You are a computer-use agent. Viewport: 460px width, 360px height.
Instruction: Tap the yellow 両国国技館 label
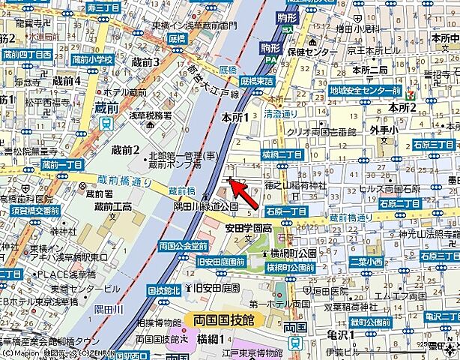(x=224, y=319)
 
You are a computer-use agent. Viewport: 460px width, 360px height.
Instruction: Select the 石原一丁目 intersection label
(x=286, y=211)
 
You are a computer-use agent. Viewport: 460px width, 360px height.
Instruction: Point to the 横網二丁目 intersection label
(x=282, y=154)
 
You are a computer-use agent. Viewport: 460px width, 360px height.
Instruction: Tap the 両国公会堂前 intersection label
(x=183, y=246)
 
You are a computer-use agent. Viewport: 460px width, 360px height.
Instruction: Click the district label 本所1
(x=234, y=118)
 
